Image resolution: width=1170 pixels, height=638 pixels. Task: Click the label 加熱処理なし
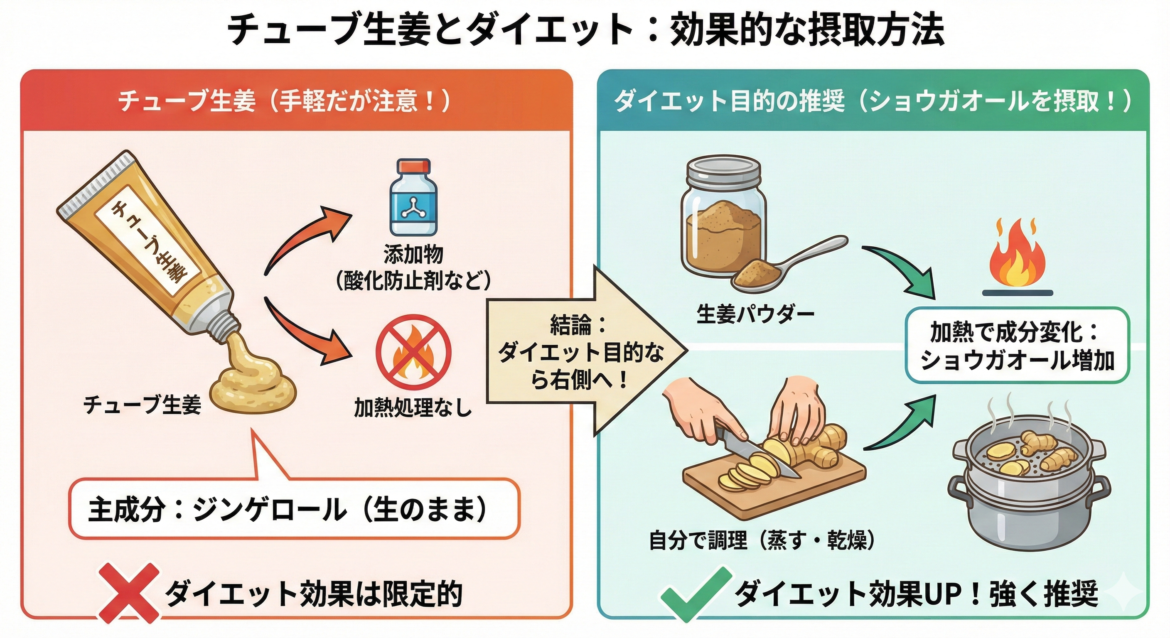(413, 408)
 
